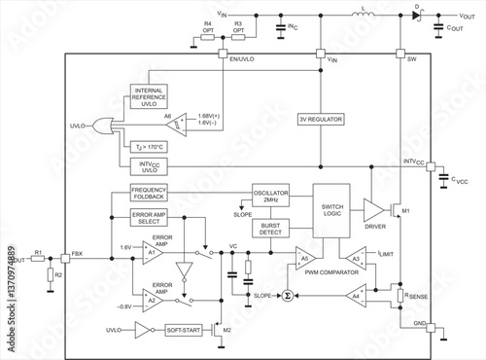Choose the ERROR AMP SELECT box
tap(150, 218)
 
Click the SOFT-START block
tap(184, 331)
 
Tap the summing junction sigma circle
tap(287, 294)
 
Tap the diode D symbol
tap(419, 17)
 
